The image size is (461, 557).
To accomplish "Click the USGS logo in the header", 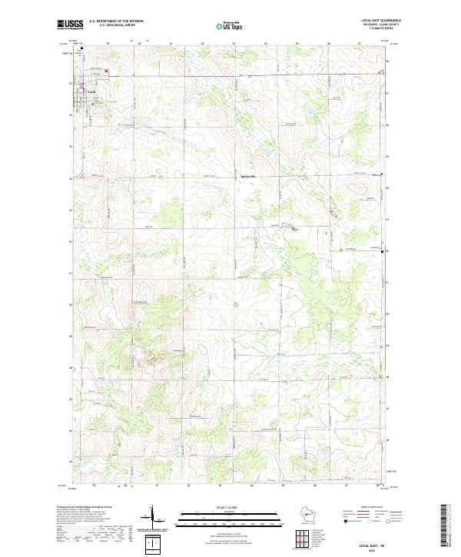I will [x=70, y=25].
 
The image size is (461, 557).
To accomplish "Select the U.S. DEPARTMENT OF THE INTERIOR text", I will [x=116, y=21].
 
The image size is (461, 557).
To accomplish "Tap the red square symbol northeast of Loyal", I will [x=107, y=73].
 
